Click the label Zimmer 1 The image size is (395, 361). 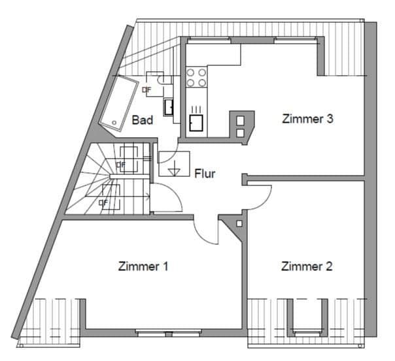point(143,266)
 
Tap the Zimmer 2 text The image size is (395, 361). point(307,266)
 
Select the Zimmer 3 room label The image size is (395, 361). point(308,119)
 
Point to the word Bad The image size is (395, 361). point(142,120)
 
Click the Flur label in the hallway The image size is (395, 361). point(205,174)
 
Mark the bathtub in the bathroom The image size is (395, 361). point(119,102)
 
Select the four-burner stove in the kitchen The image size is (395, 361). point(196,78)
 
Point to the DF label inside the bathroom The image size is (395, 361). point(146,89)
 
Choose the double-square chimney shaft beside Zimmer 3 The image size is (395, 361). point(240,125)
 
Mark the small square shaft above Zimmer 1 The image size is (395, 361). point(239,224)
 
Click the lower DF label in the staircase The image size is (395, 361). point(103,202)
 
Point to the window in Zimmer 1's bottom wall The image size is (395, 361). point(168,334)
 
